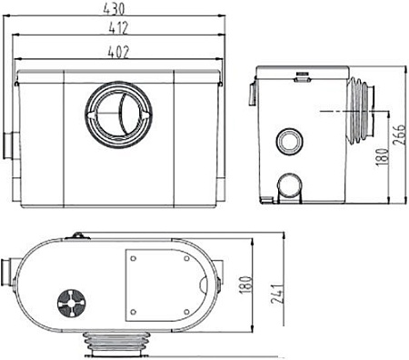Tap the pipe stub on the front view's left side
point(9,143)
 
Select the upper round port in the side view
point(290,140)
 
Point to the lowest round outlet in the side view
point(292,187)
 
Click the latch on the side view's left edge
point(253,92)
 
